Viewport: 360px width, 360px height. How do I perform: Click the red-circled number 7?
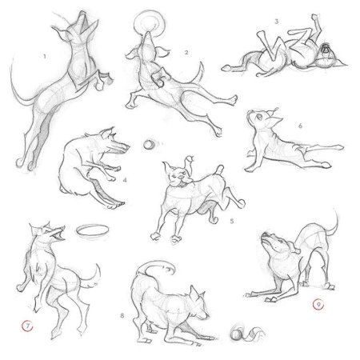point(27,326)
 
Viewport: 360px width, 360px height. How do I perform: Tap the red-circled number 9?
point(318,304)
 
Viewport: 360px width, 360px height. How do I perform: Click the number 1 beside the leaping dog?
point(45,57)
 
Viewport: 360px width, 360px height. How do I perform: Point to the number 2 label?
point(186,53)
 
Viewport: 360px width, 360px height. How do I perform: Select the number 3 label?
point(277,22)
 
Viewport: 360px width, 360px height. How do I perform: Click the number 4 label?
point(125,180)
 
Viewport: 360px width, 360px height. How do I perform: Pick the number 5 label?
point(232,221)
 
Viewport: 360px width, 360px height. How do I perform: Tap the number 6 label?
point(300,126)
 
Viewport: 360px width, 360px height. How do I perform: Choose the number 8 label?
point(122,316)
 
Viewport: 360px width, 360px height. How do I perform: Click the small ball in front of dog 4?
point(148,145)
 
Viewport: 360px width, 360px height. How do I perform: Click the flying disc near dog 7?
point(93,230)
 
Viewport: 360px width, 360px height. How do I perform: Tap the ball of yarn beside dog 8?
point(237,334)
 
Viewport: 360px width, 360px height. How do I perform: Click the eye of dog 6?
point(258,116)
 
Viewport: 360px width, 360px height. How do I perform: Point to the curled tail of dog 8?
point(155,267)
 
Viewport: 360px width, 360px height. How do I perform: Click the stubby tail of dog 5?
point(219,170)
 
